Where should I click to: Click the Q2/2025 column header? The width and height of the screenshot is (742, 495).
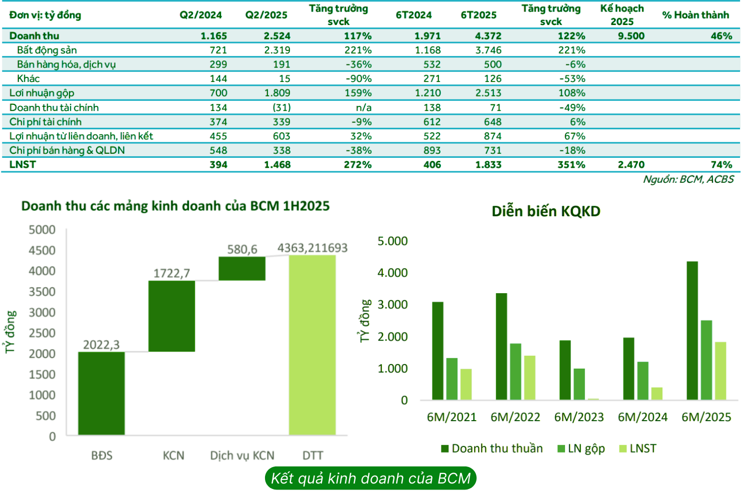[x=266, y=15]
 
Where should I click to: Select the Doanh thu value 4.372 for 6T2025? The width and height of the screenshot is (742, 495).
[x=488, y=36]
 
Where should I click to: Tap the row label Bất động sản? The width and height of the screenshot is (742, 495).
[x=46, y=50]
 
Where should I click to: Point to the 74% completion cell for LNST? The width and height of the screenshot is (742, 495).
[x=721, y=165]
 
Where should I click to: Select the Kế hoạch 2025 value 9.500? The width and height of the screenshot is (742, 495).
[x=631, y=36]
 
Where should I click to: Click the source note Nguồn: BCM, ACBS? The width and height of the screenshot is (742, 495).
[x=688, y=179]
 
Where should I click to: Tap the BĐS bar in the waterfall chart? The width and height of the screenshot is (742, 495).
[x=101, y=393]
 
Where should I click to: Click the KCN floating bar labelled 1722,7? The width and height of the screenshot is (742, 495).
[x=171, y=316]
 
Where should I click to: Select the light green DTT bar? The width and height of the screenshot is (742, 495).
[x=312, y=345]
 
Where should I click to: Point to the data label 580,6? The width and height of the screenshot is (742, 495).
[x=242, y=249]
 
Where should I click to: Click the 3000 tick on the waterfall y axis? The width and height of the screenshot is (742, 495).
[x=42, y=313]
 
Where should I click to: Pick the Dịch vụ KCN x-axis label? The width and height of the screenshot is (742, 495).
[x=242, y=456]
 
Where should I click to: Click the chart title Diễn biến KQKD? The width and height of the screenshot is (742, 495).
[x=545, y=211]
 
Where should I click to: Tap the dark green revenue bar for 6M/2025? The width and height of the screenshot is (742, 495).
[x=692, y=330]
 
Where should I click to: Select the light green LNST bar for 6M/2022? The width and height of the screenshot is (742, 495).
[x=529, y=377]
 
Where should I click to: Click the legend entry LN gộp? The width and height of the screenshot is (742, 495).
[x=581, y=449]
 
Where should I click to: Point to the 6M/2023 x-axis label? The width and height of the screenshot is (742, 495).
[x=579, y=417]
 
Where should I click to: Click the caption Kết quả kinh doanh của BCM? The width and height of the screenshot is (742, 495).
[x=370, y=479]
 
